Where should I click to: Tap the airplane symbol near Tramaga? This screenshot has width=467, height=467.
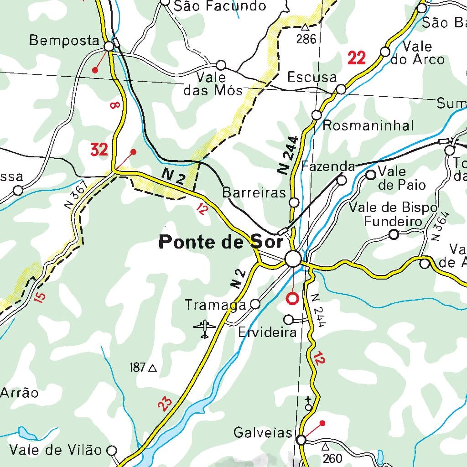204,329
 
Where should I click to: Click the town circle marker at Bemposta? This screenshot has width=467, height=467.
109,46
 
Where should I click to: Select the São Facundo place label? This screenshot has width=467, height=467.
220,6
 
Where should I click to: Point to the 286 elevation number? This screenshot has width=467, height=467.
306,39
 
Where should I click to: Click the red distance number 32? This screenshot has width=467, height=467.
99,149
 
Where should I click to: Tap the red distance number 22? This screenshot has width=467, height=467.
357,58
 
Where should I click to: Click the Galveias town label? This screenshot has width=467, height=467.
262,432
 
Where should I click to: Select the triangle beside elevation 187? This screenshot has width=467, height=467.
152,368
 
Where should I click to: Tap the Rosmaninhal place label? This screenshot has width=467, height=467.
368,125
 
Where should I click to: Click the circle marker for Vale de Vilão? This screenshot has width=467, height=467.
112,451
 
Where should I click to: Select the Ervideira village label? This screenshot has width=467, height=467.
267,332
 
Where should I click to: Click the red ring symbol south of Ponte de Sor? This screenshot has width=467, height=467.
292,299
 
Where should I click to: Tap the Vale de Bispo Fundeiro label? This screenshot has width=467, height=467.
393,214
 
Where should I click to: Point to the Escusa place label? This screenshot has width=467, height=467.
312,77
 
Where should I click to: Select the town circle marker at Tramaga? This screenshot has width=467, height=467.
256,304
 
